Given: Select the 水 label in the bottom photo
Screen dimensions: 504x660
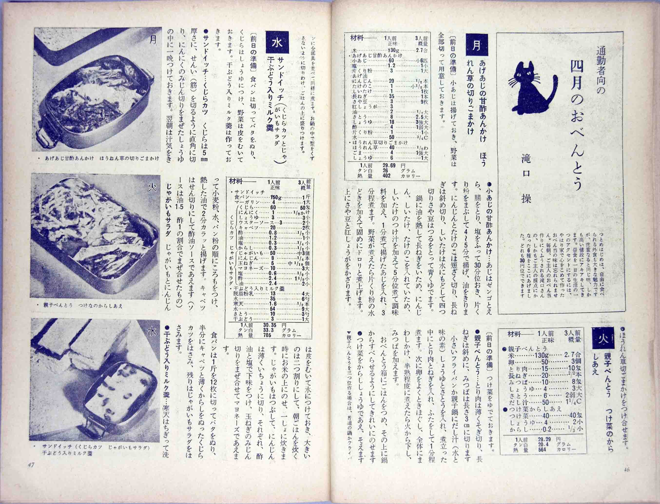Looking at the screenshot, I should tap(152, 331).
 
